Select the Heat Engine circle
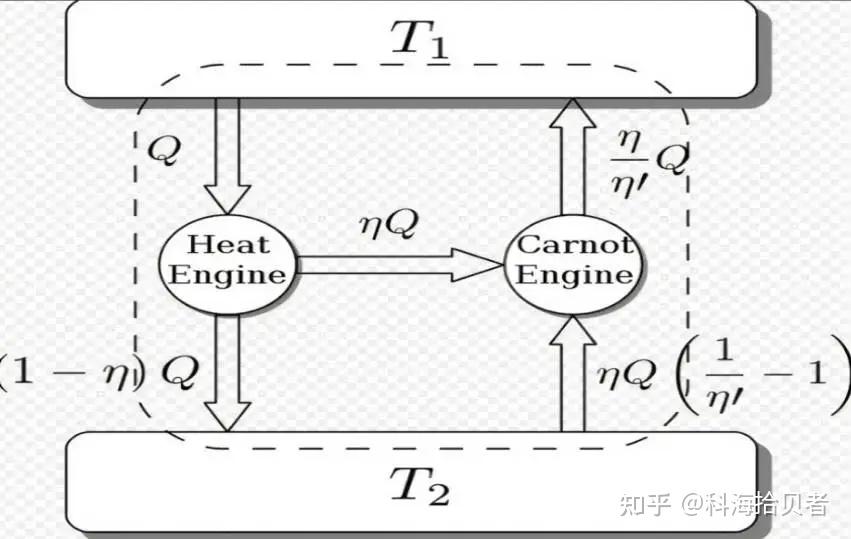pyautogui.click(x=229, y=259)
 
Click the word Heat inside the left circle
pyautogui.click(x=229, y=244)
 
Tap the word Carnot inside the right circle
pyautogui.click(x=574, y=244)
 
